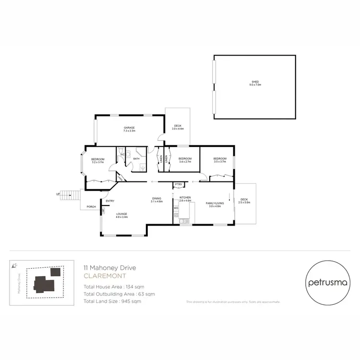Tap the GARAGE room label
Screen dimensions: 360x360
[x=129, y=128]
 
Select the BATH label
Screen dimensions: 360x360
[x=136, y=158]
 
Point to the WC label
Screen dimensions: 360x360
[x=122, y=155]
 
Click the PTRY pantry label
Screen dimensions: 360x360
[x=178, y=184]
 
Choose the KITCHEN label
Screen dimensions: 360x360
[x=185, y=198]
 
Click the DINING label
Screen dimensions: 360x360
[x=156, y=198]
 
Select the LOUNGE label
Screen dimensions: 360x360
[x=122, y=214]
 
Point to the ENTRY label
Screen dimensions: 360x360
[x=110, y=201]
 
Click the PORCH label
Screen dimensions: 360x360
[x=91, y=207]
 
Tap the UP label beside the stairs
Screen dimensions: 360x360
[x=59, y=194]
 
